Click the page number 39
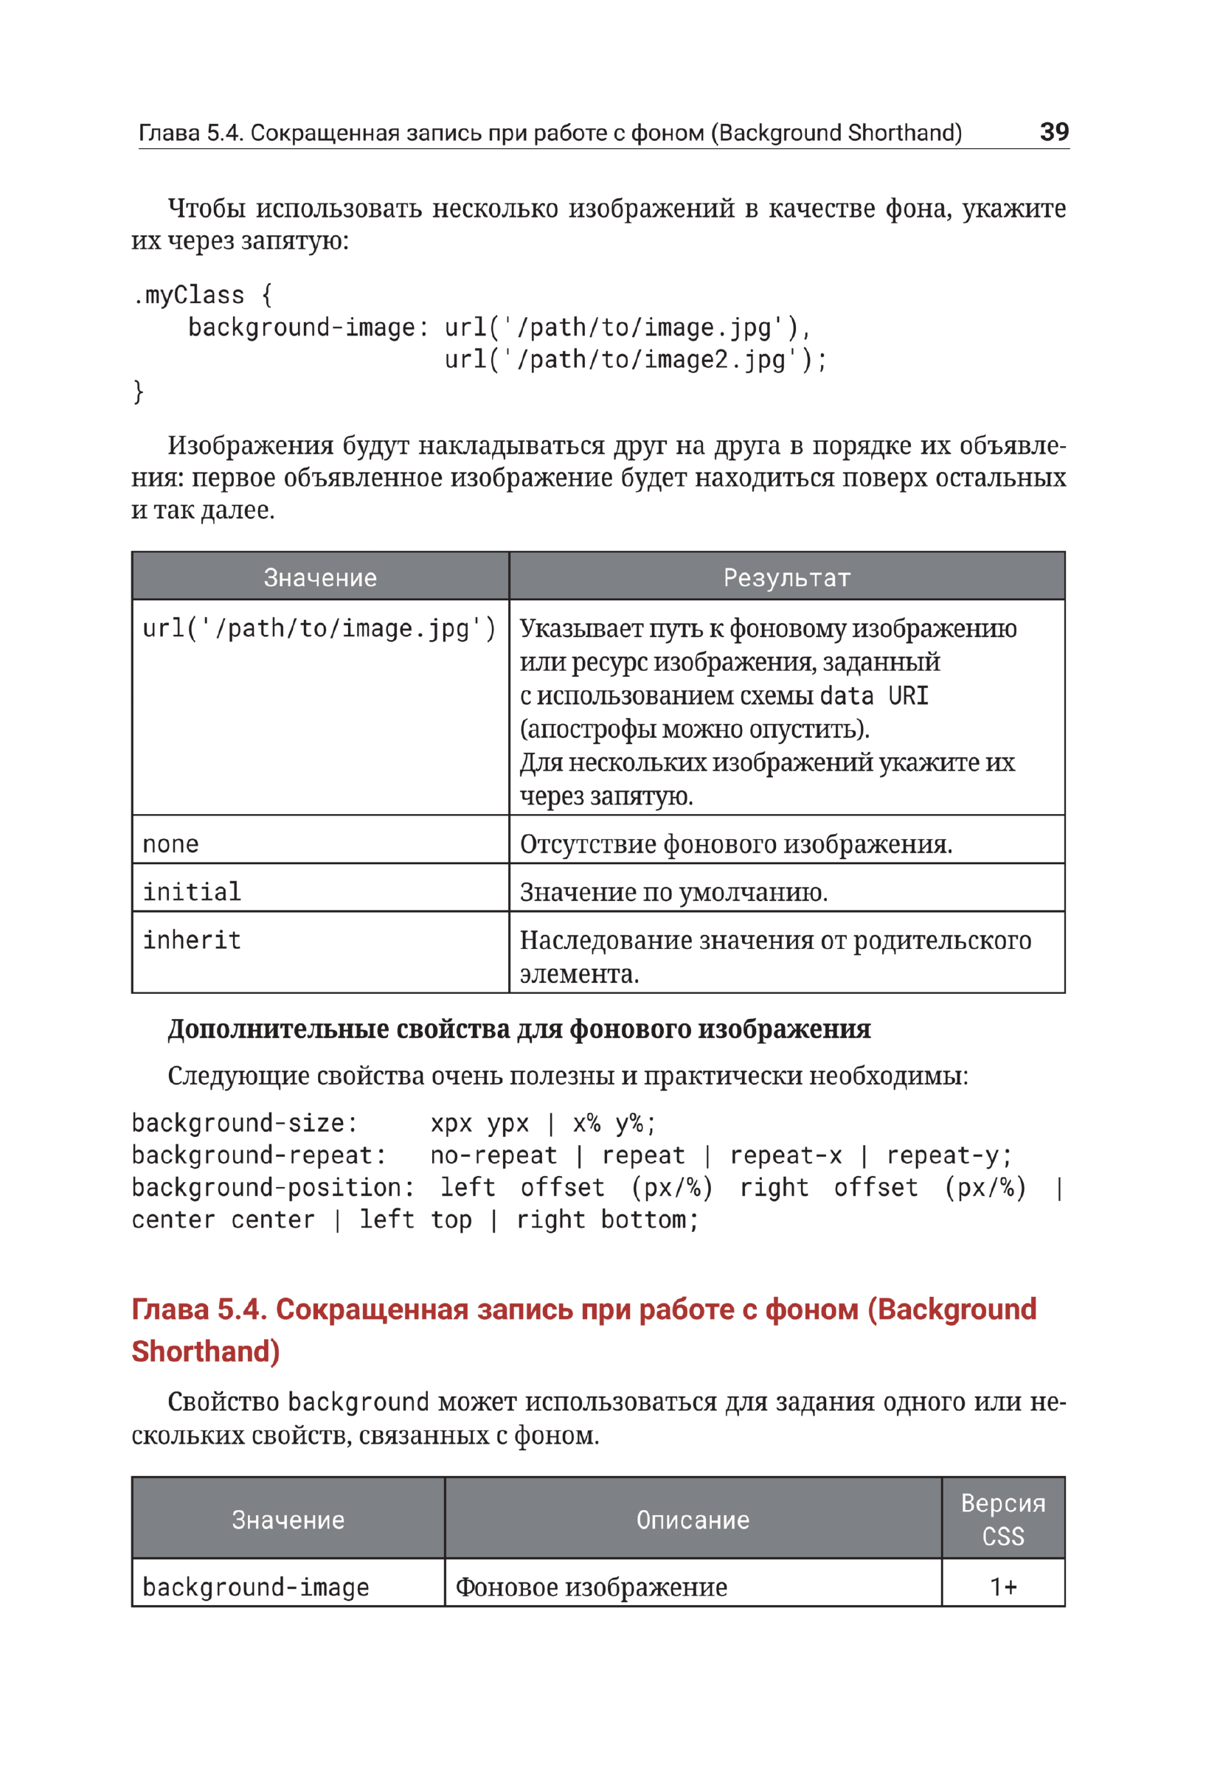coord(1053,131)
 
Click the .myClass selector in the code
coord(188,295)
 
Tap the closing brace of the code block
coord(139,391)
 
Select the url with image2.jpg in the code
coord(635,359)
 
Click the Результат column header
coord(786,577)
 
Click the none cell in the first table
coord(171,844)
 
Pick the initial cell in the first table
coord(192,891)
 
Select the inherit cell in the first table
coord(192,940)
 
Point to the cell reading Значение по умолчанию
coord(673,892)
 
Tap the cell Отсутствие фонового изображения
coord(736,844)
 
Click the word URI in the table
coord(908,695)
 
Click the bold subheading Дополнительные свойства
coord(519,1029)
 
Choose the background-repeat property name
coord(258,1155)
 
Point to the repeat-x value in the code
coord(786,1155)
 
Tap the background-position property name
coord(272,1188)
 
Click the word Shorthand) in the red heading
coord(206,1352)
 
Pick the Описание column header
coord(693,1520)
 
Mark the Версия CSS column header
coord(1003,1520)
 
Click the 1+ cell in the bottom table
coord(1003,1587)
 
